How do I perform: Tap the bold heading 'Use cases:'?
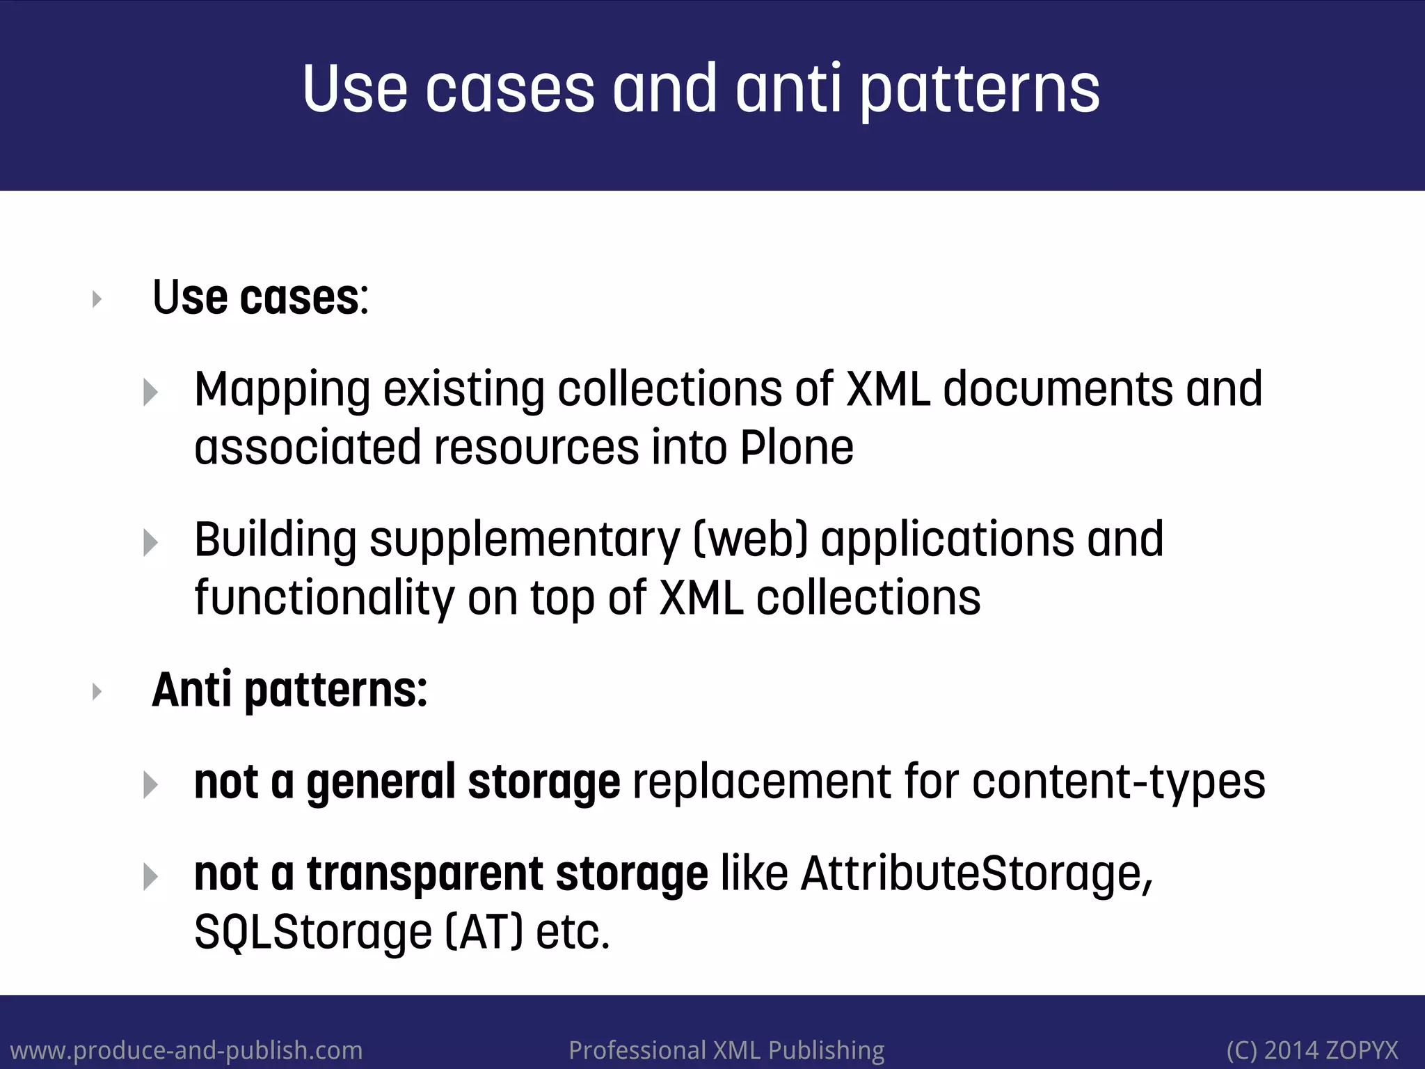coord(260,298)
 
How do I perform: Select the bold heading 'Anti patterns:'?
coord(289,690)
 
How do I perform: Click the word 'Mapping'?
coord(282,390)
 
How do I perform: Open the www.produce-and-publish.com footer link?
coord(186,1050)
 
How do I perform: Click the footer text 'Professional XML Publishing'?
coord(726,1050)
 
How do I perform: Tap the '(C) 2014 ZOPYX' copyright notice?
coord(1312,1050)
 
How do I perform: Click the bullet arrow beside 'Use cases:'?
coord(97,299)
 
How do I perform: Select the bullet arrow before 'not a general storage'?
coord(150,784)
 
